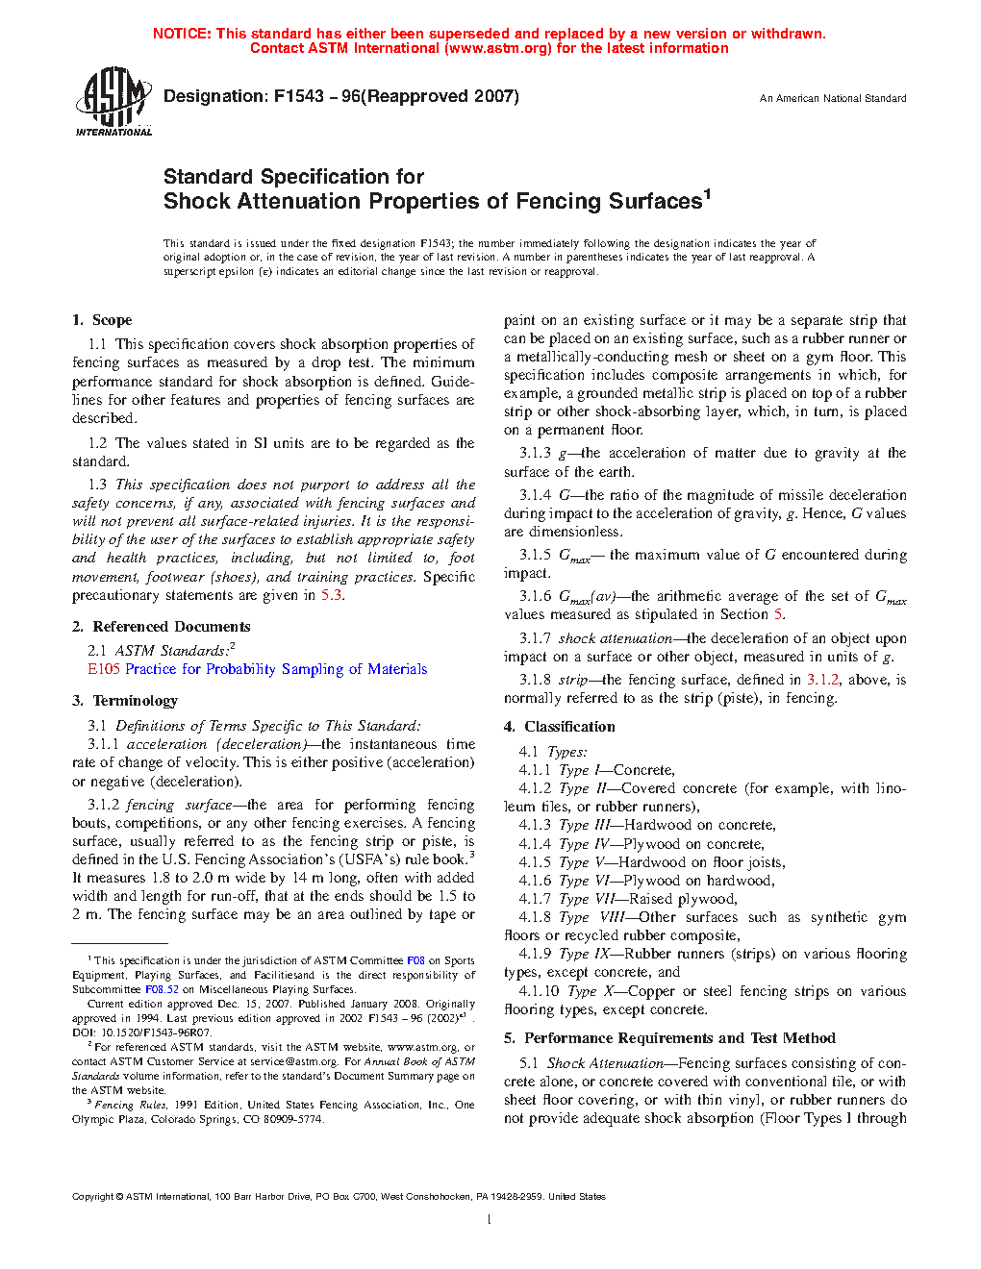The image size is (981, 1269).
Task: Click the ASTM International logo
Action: point(113,101)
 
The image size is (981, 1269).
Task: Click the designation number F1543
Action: point(299,96)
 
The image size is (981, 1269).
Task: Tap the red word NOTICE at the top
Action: point(181,34)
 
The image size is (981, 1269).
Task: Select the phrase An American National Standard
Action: point(832,98)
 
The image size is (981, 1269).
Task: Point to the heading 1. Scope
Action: point(102,320)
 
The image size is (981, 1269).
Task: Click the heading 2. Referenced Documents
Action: point(161,627)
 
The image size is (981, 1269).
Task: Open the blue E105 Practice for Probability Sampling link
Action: point(257,669)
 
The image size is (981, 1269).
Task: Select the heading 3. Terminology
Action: point(125,701)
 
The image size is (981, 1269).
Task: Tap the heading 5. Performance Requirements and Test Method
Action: point(669,1038)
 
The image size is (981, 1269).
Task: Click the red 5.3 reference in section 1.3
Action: point(331,595)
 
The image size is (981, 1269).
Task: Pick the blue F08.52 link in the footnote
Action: point(162,988)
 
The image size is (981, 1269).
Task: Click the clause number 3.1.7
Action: point(535,638)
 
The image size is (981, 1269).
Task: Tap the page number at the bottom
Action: point(490,1220)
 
